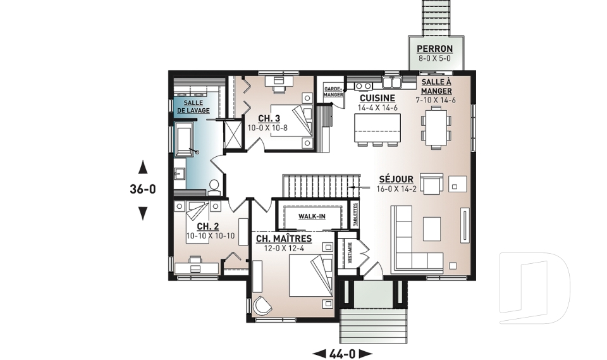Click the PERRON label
pyautogui.click(x=434, y=49)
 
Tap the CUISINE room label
pyautogui.click(x=377, y=98)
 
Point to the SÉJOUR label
pyautogui.click(x=396, y=179)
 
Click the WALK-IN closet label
pyautogui.click(x=312, y=217)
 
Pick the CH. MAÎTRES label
pyautogui.click(x=283, y=239)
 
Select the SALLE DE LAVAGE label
pyautogui.click(x=193, y=106)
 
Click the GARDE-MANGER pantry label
pyautogui.click(x=333, y=92)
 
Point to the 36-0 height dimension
pyautogui.click(x=143, y=189)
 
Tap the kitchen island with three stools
pyautogui.click(x=378, y=133)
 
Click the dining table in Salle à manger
pyautogui.click(x=436, y=126)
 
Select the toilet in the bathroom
pyautogui.click(x=214, y=185)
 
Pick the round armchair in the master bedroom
pyautogui.click(x=262, y=306)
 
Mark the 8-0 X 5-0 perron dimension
pyautogui.click(x=434, y=58)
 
